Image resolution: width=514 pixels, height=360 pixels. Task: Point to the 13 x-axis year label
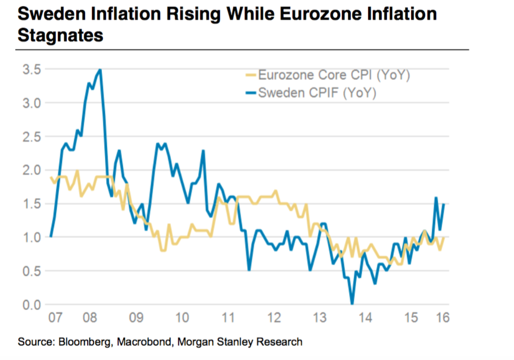click(319, 317)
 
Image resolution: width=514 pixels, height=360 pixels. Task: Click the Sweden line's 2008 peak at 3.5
click(100, 69)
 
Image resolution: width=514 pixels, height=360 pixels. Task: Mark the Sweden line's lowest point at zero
click(352, 304)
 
